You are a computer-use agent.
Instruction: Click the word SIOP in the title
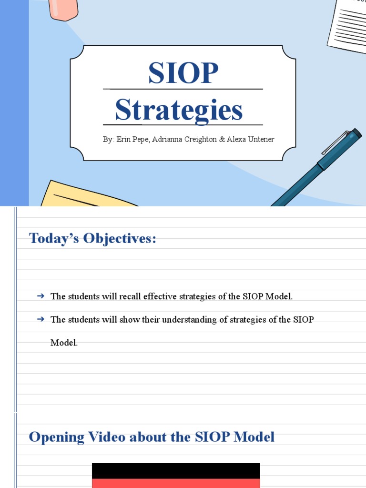point(183,73)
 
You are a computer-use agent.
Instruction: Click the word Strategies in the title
point(179,110)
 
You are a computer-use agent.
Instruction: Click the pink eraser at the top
point(63,9)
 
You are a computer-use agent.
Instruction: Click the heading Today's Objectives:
point(92,238)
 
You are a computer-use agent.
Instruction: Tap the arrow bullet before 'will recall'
point(41,296)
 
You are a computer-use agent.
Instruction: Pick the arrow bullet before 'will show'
point(41,319)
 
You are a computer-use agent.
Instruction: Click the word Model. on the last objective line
point(64,343)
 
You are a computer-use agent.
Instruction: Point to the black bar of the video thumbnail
point(176,470)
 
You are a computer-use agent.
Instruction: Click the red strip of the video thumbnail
point(176,483)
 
